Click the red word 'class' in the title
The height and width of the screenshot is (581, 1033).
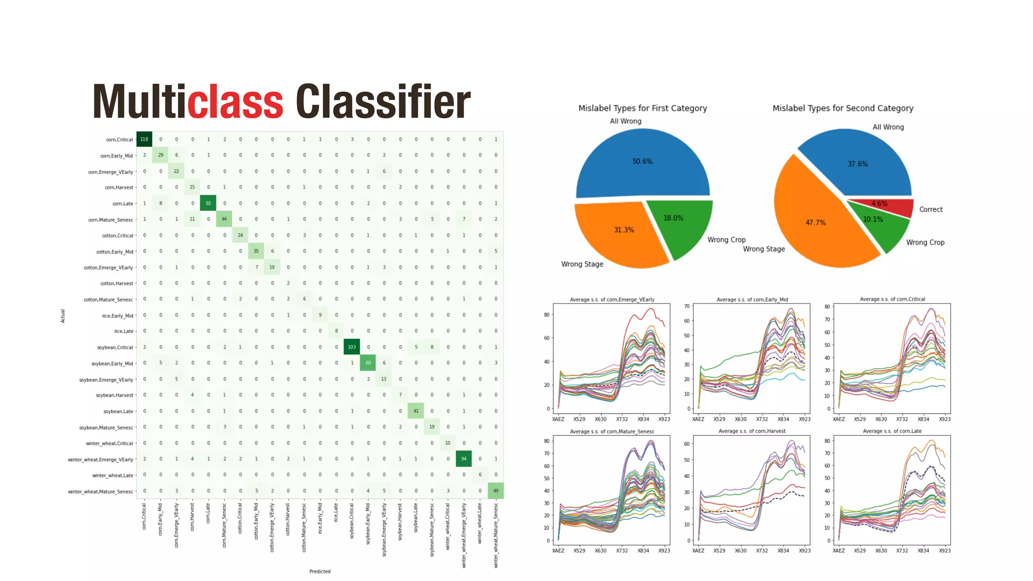235,102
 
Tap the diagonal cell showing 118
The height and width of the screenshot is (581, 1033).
144,139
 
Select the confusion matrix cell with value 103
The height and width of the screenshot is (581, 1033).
352,347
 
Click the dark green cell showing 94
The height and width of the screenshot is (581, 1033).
464,459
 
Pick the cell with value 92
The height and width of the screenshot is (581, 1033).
208,203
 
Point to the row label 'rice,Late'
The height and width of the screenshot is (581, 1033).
124,331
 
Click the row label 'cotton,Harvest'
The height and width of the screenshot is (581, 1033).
117,283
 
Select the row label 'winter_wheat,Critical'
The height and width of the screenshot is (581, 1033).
109,443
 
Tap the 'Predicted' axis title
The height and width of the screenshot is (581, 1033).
320,571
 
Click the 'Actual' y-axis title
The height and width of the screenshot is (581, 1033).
63,316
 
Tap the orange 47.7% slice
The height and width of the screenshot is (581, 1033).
812,222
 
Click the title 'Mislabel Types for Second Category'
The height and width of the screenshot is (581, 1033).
843,108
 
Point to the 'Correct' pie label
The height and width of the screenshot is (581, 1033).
931,209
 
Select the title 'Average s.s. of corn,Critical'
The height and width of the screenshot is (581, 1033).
892,299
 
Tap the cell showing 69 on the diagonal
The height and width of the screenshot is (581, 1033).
368,363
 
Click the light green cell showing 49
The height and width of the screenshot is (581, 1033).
495,491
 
